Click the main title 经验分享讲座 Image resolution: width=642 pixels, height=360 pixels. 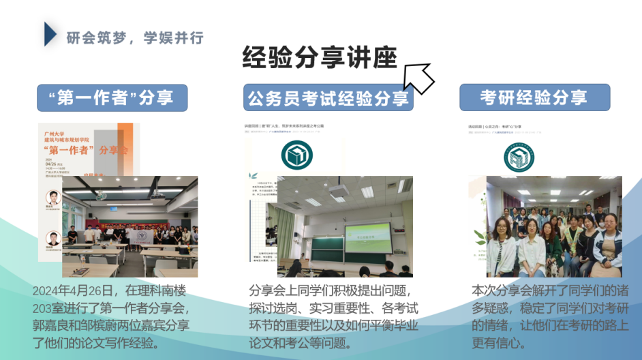coord(319,59)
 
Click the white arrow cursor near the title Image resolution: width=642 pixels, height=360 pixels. coord(417,78)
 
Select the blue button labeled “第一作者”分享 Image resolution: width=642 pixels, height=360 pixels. coord(112,97)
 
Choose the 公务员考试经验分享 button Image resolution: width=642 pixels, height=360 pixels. coord(328,97)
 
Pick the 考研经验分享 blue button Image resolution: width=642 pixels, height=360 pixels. coord(534,97)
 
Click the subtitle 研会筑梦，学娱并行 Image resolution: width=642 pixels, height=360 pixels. coord(135,38)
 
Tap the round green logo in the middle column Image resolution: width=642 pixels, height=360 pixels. coord(296,155)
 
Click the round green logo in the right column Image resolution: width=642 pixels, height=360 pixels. coord(519,156)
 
